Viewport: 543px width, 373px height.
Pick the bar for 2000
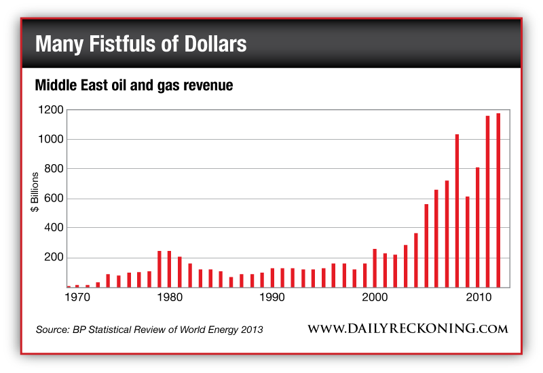tap(375, 268)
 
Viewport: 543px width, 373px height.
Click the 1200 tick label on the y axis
tap(52, 110)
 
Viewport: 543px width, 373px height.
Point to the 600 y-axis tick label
tap(54, 199)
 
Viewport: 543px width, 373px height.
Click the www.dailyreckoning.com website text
tap(408, 329)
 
